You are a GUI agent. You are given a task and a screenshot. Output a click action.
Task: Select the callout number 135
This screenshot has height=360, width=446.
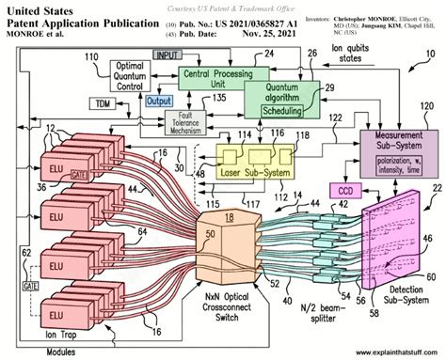pos(221,98)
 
